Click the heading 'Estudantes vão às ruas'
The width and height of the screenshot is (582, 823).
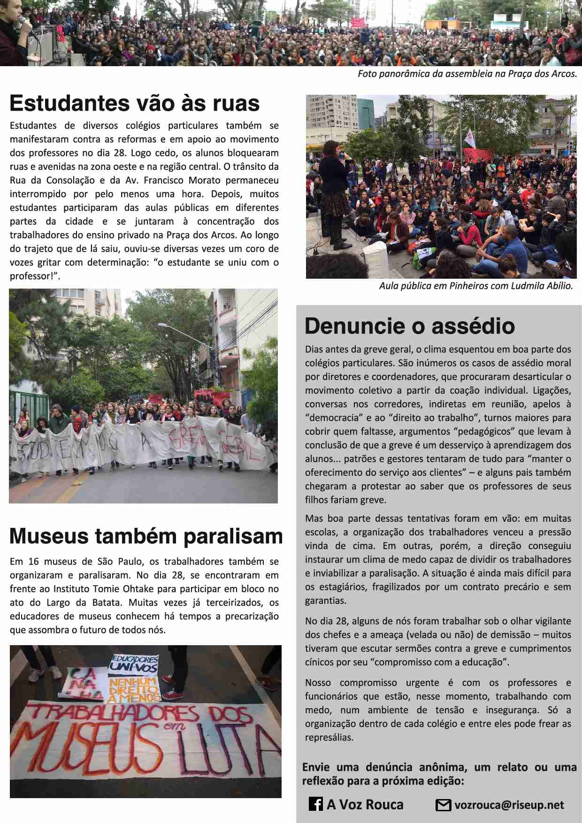tap(135, 103)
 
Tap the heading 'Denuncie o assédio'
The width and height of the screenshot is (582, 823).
tap(409, 326)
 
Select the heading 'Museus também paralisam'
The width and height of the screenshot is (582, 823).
tap(146, 536)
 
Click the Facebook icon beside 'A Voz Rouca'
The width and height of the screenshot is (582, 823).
tap(315, 804)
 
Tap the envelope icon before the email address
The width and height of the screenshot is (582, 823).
tap(443, 805)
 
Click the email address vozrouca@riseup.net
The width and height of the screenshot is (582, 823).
tap(509, 805)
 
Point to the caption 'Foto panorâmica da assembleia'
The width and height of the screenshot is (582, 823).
tap(467, 74)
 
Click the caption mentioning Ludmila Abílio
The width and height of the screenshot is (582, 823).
tap(476, 286)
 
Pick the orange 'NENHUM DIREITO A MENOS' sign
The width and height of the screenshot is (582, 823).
tap(133, 689)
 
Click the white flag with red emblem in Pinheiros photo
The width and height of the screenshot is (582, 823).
tap(469, 138)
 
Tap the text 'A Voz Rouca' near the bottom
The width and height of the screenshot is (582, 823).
tap(365, 805)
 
